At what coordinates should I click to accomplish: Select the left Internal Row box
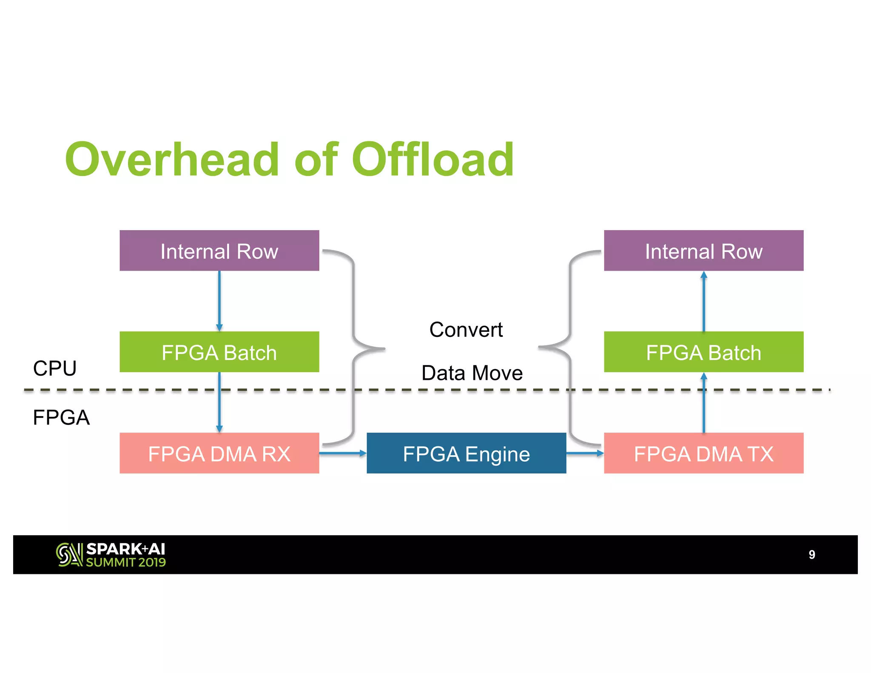(x=219, y=251)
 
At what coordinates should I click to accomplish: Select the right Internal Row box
(x=703, y=251)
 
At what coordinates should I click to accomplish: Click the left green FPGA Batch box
(x=219, y=352)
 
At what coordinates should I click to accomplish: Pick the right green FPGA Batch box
(x=703, y=352)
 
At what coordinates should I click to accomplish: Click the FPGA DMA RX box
(x=219, y=453)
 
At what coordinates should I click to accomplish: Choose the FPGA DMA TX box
(x=703, y=453)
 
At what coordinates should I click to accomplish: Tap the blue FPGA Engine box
(x=466, y=453)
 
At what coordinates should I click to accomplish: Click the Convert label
(x=466, y=330)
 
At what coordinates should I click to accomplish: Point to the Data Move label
(x=472, y=373)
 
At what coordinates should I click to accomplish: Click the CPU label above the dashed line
(x=55, y=368)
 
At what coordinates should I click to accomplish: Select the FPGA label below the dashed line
(x=61, y=417)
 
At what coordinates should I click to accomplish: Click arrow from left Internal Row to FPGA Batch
(x=219, y=301)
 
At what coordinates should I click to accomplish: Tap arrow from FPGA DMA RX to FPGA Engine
(x=342, y=453)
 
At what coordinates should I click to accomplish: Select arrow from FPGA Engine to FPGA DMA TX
(x=585, y=453)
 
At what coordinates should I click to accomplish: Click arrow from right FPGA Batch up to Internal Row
(x=703, y=301)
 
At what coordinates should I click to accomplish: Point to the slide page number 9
(x=811, y=555)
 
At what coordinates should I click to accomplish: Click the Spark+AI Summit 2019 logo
(x=111, y=555)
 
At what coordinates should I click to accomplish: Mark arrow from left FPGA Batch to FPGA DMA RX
(x=219, y=402)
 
